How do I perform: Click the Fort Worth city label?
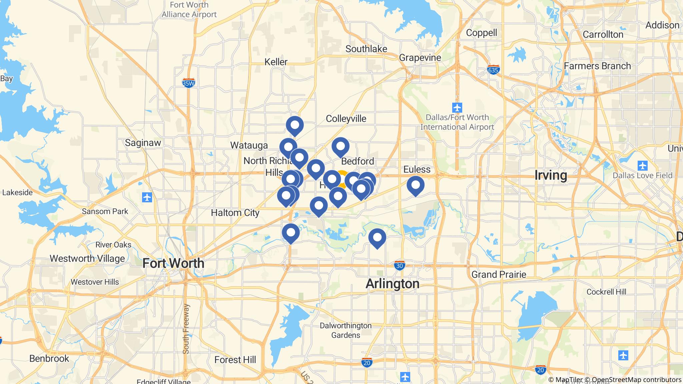[173, 263]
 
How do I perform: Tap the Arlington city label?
[393, 284]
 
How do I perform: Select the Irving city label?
[551, 175]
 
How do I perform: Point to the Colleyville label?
[346, 119]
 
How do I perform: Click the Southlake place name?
[366, 49]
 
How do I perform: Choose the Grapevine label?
[420, 58]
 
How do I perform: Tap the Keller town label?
[276, 62]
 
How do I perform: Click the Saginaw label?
[143, 143]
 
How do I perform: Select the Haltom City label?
[235, 213]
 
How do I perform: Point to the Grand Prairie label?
[499, 275]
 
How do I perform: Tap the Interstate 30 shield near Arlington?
[399, 266]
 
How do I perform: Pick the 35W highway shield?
[188, 83]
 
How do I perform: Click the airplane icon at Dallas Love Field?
[642, 165]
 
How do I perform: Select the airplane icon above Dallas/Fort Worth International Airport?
[457, 108]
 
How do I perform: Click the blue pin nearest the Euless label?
[416, 185]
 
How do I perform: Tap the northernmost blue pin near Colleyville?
[295, 125]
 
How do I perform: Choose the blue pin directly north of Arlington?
[377, 238]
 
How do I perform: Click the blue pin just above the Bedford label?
[340, 146]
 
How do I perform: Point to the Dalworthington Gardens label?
[346, 330]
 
